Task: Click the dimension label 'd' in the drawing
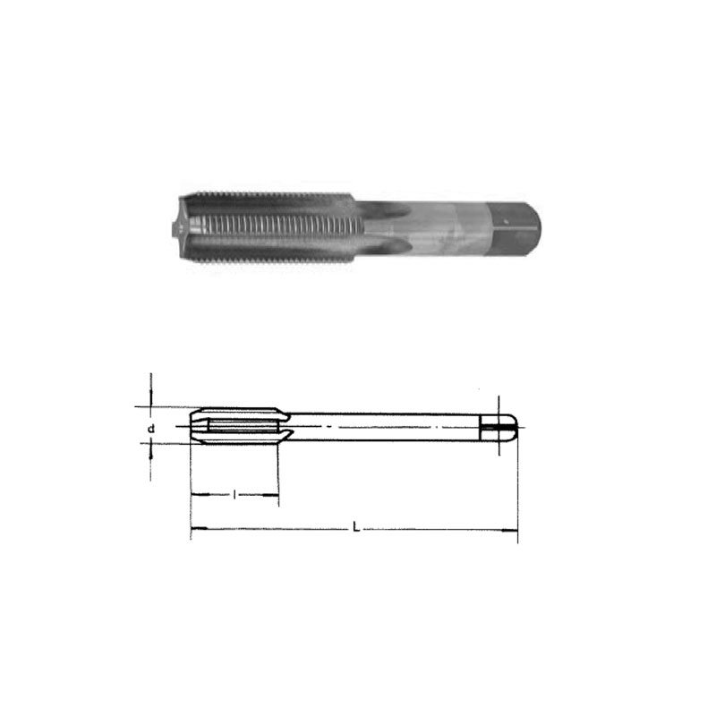151,429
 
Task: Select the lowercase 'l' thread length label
234,495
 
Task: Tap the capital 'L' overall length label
356,528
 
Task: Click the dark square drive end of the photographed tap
513,228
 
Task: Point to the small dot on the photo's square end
506,221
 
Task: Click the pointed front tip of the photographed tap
175,228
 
